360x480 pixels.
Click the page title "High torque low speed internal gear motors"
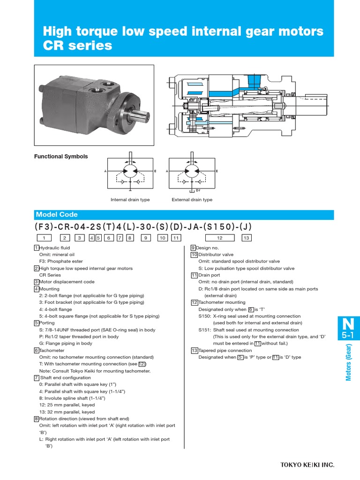pyautogui.click(x=183, y=31)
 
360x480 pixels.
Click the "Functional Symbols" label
pyautogui.click(x=61, y=157)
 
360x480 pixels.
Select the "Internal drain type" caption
pyautogui.click(x=130, y=200)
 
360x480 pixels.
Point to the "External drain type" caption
pyautogui.click(x=192, y=200)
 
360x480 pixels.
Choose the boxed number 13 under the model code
pyautogui.click(x=247, y=238)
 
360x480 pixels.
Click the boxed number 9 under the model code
pyautogui.click(x=146, y=238)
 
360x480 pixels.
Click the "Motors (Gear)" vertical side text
pyautogui.click(x=349, y=360)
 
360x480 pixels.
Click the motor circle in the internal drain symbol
pyautogui.click(x=130, y=172)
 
